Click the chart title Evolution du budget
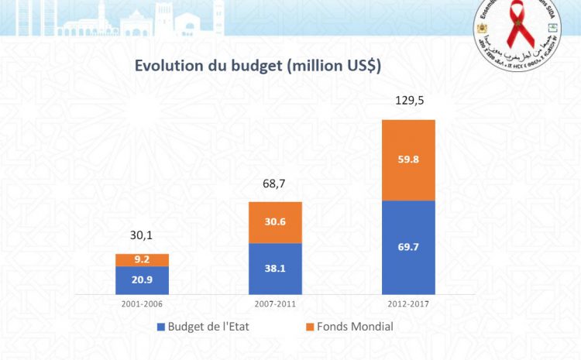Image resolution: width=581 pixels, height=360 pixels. pos(258,66)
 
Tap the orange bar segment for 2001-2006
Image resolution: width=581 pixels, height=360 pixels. pos(142,259)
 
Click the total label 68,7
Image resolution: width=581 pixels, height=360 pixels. pos(275,184)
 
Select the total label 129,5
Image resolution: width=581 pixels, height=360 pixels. pos(408,101)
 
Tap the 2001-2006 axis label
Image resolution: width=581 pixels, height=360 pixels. pos(142,303)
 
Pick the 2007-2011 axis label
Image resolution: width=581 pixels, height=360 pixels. pos(275,303)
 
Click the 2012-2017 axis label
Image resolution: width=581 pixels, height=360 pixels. pos(408,303)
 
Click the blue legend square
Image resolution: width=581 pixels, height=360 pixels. pos(161,327)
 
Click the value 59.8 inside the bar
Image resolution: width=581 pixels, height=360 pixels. pos(408,161)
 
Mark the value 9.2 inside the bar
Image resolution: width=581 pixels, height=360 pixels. pos(142,261)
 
